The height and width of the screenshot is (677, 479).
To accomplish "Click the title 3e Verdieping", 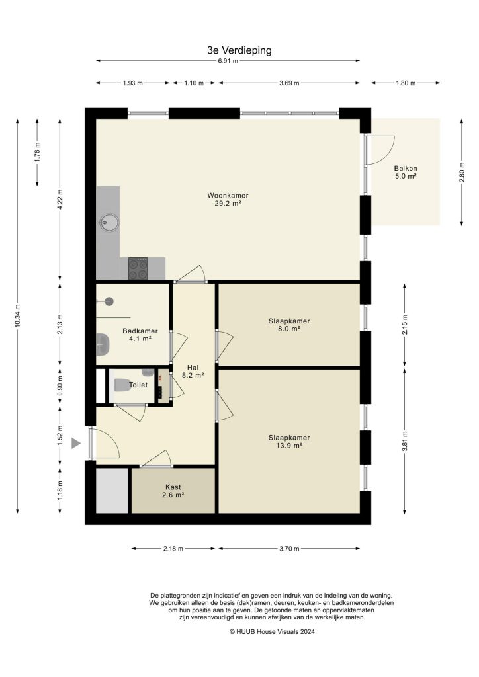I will (x=239, y=50).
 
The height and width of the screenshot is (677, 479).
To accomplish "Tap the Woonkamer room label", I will (x=223, y=200).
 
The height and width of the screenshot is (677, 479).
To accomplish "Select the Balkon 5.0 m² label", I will (x=405, y=172).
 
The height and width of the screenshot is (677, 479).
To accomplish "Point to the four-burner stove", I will (x=138, y=268).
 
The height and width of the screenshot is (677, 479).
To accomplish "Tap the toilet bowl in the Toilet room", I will (x=122, y=385).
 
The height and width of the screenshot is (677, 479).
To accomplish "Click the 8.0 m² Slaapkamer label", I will (x=289, y=324).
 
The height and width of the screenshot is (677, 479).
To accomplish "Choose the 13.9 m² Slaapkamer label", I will (x=289, y=441).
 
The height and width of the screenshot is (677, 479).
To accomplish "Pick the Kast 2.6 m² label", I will (x=173, y=490).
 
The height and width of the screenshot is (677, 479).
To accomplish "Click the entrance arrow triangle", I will (x=77, y=443).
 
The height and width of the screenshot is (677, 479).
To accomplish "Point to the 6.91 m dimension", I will (x=228, y=61).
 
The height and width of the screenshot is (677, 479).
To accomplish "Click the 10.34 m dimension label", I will (x=18, y=315).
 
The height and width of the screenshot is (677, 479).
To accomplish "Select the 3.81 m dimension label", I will (x=404, y=441).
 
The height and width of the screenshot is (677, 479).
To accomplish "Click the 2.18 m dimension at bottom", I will (x=173, y=549).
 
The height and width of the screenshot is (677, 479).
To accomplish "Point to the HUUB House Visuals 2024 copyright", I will (x=272, y=632).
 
